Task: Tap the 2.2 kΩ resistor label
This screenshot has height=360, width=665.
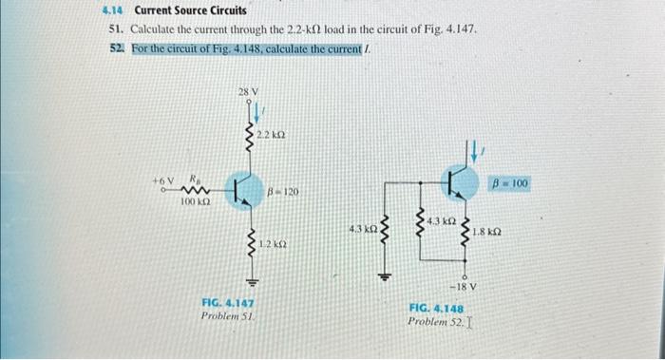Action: coord(272,139)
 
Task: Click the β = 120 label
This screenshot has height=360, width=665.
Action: coord(285,191)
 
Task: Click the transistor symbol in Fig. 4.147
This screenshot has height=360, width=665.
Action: coord(243,189)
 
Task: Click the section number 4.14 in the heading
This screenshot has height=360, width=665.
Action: coord(115,11)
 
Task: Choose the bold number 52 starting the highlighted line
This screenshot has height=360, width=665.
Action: coord(118,47)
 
